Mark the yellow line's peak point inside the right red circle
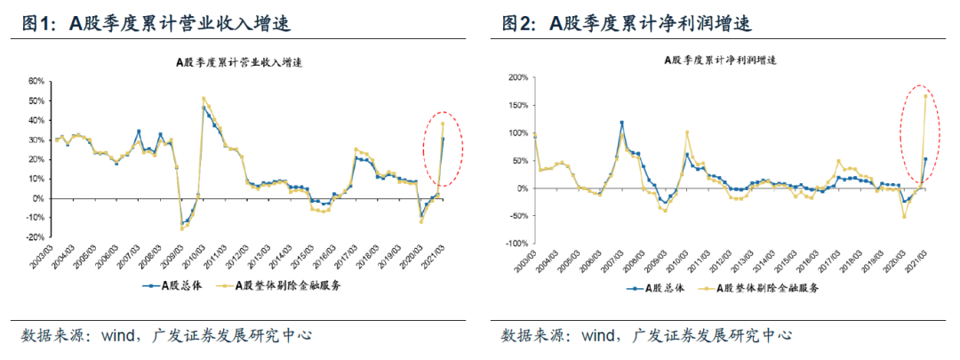click(925, 96)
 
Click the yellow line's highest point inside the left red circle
click(443, 124)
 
